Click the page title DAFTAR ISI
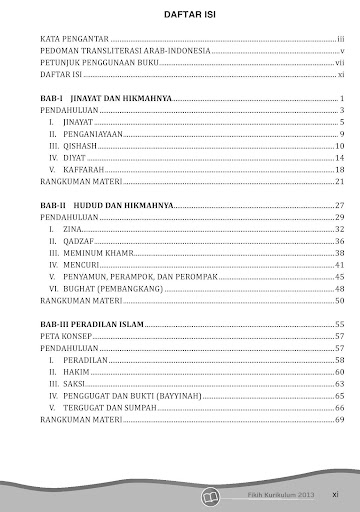click(180, 13)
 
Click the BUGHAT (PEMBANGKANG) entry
click(110, 287)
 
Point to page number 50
click(340, 299)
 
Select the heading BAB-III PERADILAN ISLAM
click(96, 324)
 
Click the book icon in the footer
click(209, 494)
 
